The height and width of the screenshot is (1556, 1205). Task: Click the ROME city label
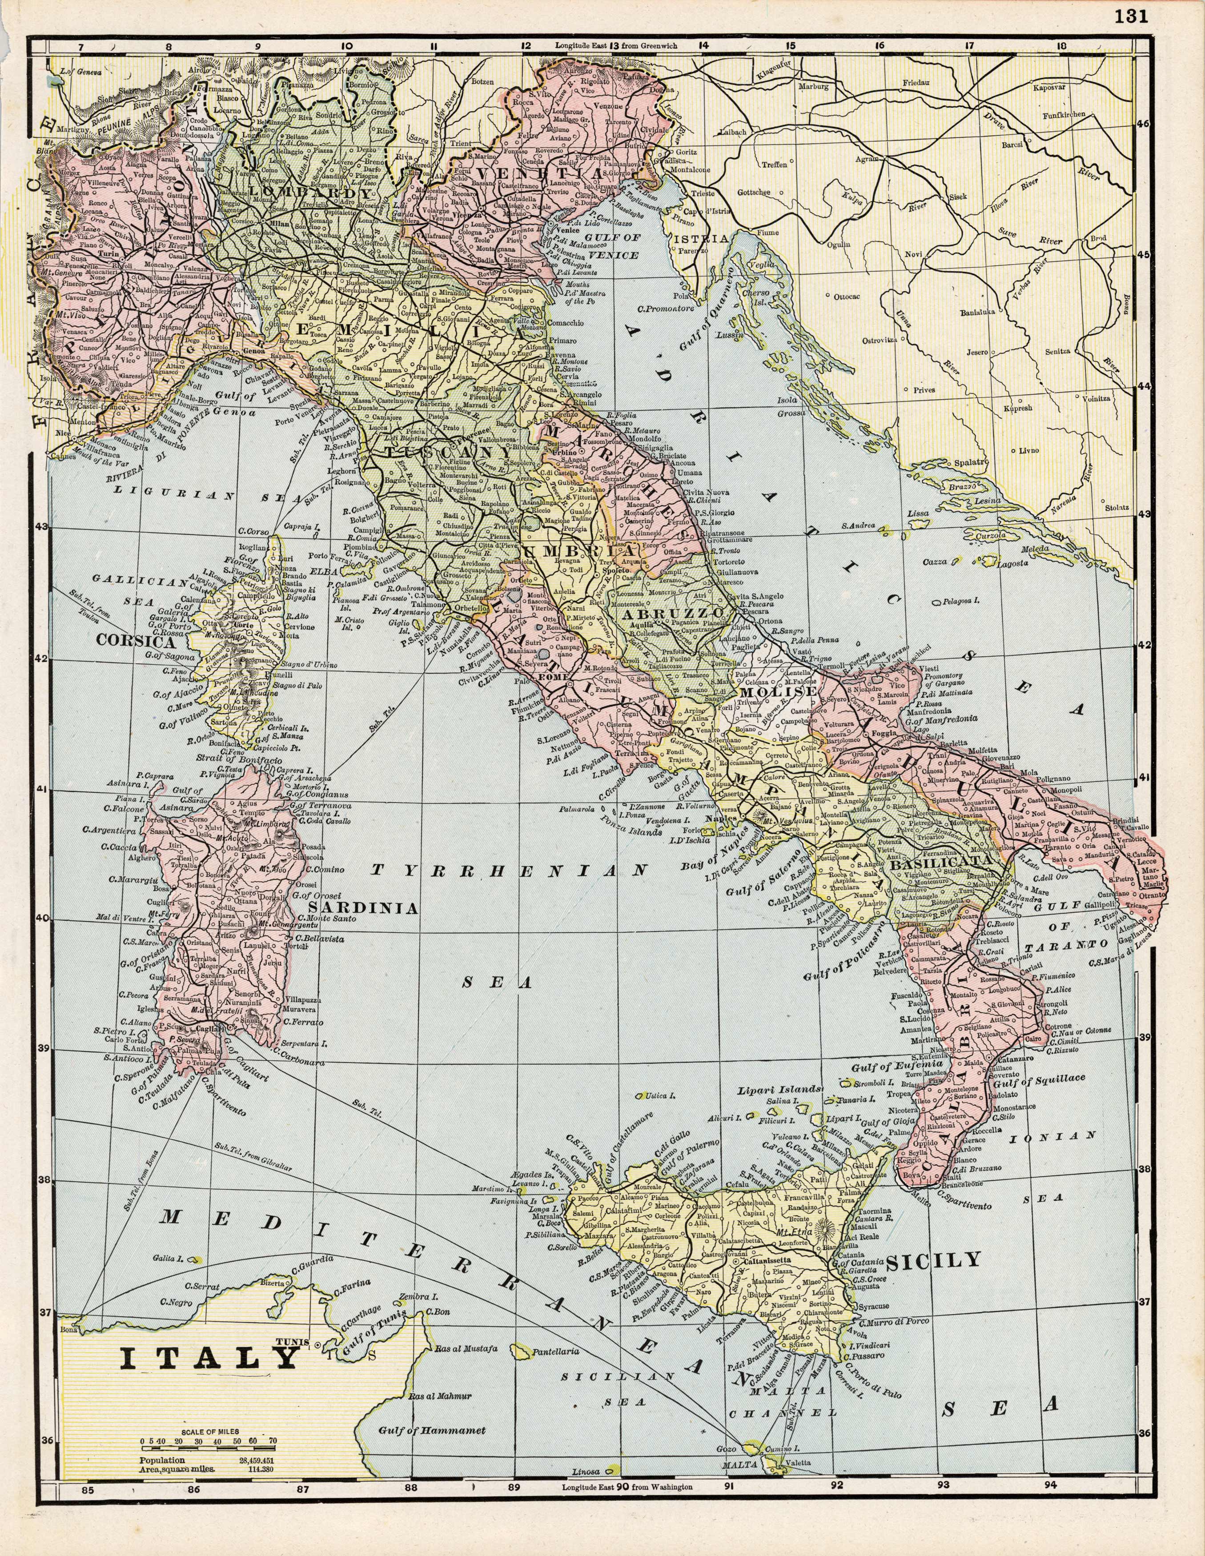pyautogui.click(x=555, y=676)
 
